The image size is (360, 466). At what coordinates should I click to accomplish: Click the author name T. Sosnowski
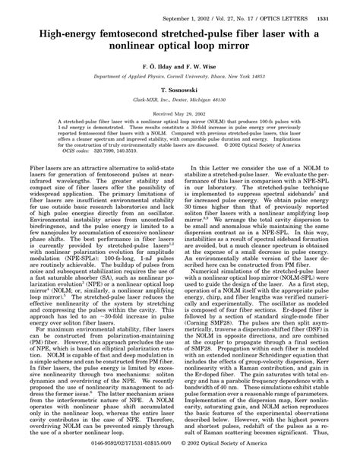179,90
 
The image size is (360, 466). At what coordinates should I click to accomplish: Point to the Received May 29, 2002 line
179,113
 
